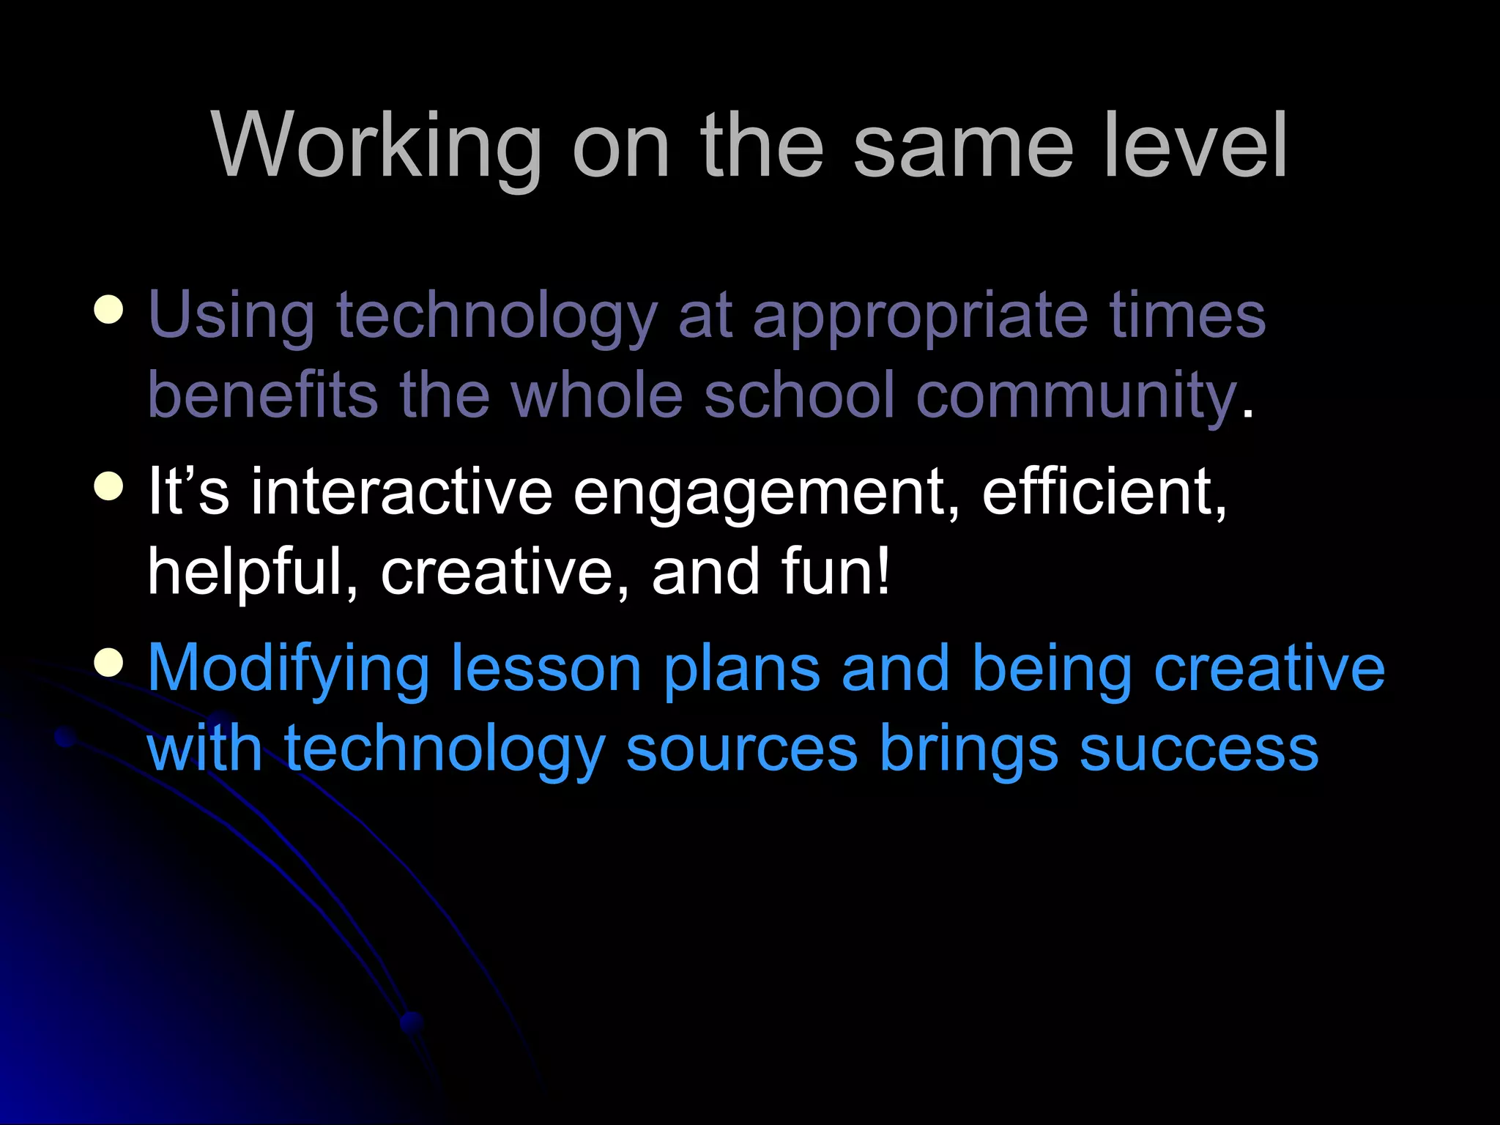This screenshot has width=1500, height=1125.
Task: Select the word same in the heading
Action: tap(963, 146)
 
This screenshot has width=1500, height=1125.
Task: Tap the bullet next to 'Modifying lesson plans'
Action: tap(108, 663)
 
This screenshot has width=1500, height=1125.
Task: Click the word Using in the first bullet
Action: tap(231, 317)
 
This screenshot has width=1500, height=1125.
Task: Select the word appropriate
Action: tap(920, 317)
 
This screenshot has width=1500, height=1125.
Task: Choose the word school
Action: tap(799, 396)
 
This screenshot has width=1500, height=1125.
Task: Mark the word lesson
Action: tap(546, 669)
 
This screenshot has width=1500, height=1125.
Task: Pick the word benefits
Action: tap(263, 396)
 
